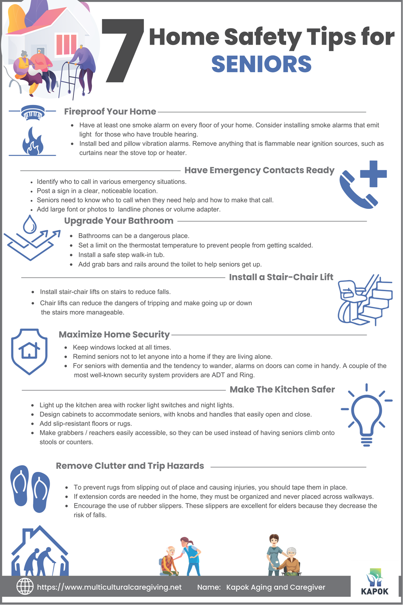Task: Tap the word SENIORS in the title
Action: [x=262, y=64]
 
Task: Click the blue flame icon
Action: [x=33, y=141]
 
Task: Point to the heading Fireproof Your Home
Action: [x=110, y=112]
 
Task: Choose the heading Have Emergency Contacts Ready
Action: [x=260, y=170]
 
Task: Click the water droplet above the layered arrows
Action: [x=30, y=224]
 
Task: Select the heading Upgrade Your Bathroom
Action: [x=118, y=221]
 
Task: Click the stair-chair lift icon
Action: [x=364, y=300]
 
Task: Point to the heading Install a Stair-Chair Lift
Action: [x=281, y=277]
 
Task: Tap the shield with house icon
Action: [x=29, y=351]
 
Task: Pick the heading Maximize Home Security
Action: [x=114, y=334]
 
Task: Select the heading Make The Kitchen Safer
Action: [x=282, y=390]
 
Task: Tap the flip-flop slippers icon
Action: [x=30, y=488]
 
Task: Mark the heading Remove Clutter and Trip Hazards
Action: [x=130, y=466]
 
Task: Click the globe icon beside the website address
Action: [x=25, y=586]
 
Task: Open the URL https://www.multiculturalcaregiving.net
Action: [x=109, y=587]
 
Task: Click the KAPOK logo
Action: [x=375, y=583]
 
